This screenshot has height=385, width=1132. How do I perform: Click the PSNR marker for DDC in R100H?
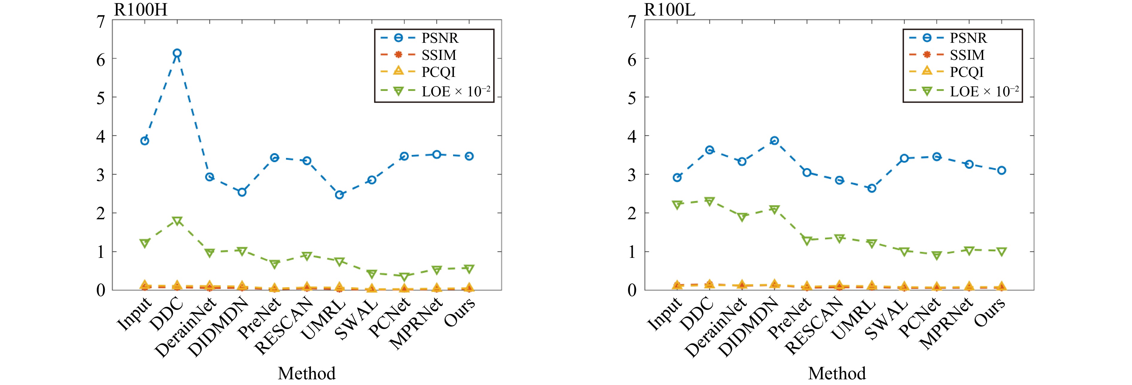pyautogui.click(x=177, y=53)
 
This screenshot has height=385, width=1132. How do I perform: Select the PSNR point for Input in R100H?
pyautogui.click(x=145, y=141)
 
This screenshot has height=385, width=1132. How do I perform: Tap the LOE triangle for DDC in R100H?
pyautogui.click(x=177, y=221)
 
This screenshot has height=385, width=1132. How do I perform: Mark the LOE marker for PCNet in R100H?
pyautogui.click(x=404, y=277)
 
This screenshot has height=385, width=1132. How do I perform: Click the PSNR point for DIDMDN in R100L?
pyautogui.click(x=774, y=141)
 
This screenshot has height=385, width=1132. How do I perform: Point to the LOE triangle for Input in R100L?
pyautogui.click(x=677, y=205)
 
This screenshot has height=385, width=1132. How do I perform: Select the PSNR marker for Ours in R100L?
pyautogui.click(x=1001, y=170)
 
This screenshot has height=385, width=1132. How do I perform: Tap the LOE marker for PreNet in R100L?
pyautogui.click(x=807, y=240)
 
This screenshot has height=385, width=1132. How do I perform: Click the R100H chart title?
pyautogui.click(x=141, y=10)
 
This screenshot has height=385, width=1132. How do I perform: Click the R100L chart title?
pyautogui.click(x=669, y=10)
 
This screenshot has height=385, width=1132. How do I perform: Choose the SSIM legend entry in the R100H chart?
pyautogui.click(x=438, y=55)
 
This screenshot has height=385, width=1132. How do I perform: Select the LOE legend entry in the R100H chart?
pyautogui.click(x=455, y=91)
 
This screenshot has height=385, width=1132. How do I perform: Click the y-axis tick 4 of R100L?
pyautogui.click(x=632, y=136)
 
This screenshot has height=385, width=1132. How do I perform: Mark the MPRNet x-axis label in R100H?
pyautogui.click(x=417, y=324)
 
